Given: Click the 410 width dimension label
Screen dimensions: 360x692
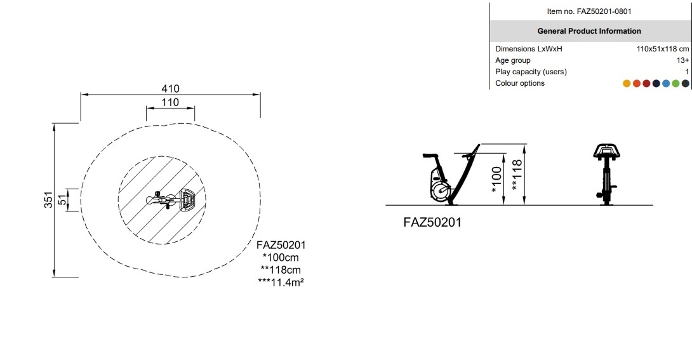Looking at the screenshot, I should [x=170, y=88].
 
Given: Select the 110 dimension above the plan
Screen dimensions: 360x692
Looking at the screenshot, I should [x=170, y=102].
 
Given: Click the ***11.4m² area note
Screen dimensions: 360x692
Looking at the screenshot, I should [x=281, y=281].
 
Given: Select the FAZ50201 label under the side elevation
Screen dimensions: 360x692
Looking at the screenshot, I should [x=432, y=222].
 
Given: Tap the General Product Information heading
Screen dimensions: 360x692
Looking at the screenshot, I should [x=589, y=31].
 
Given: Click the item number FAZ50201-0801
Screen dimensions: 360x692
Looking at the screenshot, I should [x=589, y=11].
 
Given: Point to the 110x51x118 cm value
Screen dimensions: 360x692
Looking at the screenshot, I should [x=662, y=49].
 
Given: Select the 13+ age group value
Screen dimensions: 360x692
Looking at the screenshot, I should [x=682, y=60].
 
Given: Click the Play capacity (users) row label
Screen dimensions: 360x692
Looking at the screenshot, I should [x=531, y=72].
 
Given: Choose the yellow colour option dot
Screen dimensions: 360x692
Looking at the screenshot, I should [x=627, y=83].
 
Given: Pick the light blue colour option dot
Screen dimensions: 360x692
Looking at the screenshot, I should [x=666, y=83].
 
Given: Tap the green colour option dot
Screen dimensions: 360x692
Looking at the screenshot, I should [x=675, y=83].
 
